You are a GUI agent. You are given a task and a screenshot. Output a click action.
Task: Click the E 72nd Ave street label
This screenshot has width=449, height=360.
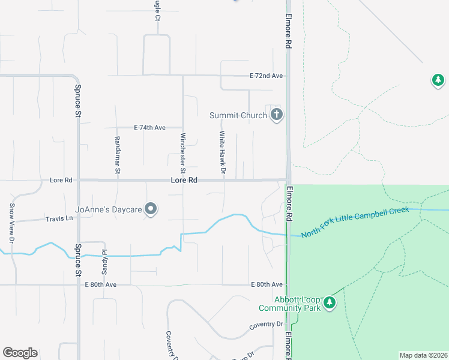click(x=266, y=76)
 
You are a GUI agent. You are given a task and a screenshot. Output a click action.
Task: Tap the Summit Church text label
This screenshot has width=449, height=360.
click(x=238, y=115)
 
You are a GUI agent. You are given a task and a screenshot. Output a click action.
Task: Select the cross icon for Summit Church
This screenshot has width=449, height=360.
click(x=276, y=115)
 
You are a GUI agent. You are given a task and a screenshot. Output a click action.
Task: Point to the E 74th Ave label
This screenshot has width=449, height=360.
click(x=149, y=128)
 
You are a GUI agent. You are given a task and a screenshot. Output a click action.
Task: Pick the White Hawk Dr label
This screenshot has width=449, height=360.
click(x=221, y=154)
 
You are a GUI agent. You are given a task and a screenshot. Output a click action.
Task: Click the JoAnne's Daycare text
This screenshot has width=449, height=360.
click(x=108, y=209)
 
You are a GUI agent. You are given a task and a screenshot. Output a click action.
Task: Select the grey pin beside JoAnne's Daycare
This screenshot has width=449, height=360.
click(x=151, y=209)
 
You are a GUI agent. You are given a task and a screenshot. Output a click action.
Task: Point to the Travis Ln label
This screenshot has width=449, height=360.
click(x=59, y=219)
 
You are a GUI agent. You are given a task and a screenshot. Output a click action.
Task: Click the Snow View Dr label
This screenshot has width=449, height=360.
click(x=11, y=223)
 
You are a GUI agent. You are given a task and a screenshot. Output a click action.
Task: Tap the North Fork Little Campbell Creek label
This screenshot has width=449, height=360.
click(x=355, y=222)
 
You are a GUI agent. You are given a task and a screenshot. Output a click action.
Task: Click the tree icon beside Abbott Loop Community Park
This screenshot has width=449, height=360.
click(x=329, y=304)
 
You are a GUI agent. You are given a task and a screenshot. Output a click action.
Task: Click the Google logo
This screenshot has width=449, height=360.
click(x=20, y=353)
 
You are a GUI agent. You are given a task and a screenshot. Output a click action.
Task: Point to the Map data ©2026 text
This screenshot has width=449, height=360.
click(x=423, y=355)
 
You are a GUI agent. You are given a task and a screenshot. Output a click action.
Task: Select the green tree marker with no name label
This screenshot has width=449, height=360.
click(x=438, y=80)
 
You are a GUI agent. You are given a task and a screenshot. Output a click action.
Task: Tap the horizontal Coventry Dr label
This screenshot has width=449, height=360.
click(x=266, y=325)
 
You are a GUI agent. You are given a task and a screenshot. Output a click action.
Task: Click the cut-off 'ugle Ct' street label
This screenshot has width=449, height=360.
click(x=157, y=11)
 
